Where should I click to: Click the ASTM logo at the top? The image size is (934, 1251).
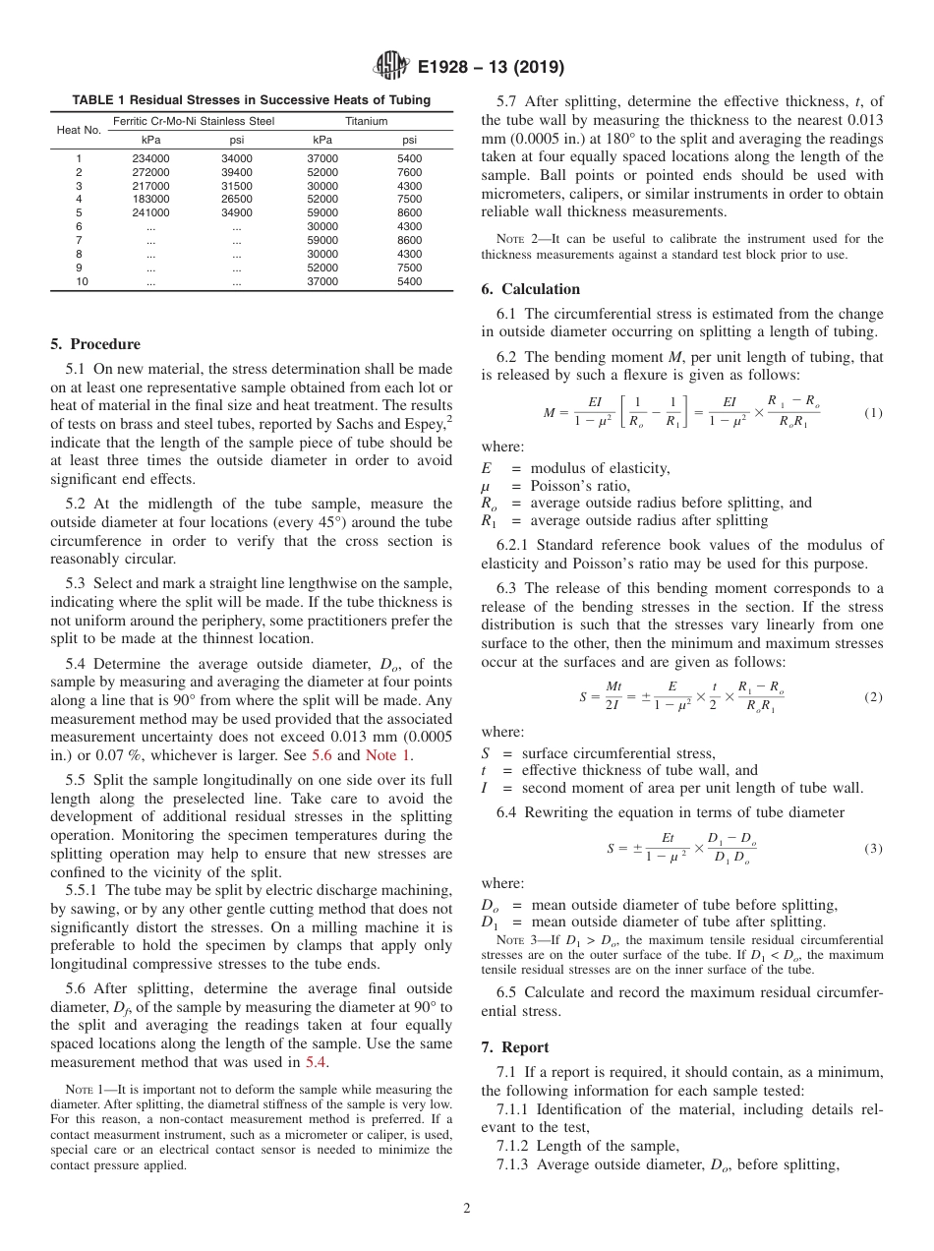pyautogui.click(x=390, y=68)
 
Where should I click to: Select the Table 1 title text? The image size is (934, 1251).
pyautogui.click(x=251, y=100)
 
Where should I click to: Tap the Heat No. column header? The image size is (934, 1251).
pyautogui.click(x=79, y=130)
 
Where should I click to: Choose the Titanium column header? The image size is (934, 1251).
pyautogui.click(x=366, y=121)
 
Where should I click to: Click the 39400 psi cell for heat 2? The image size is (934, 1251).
pyautogui.click(x=236, y=172)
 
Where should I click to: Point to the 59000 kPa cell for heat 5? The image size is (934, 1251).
pyautogui.click(x=322, y=212)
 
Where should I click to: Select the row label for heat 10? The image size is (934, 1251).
pyautogui.click(x=80, y=281)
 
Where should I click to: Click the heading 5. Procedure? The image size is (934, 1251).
pyautogui.click(x=95, y=344)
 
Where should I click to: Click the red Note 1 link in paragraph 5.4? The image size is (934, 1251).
pyautogui.click(x=388, y=755)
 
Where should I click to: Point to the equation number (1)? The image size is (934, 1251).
pyautogui.click(x=873, y=413)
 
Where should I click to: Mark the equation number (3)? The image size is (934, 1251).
pyautogui.click(x=873, y=848)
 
